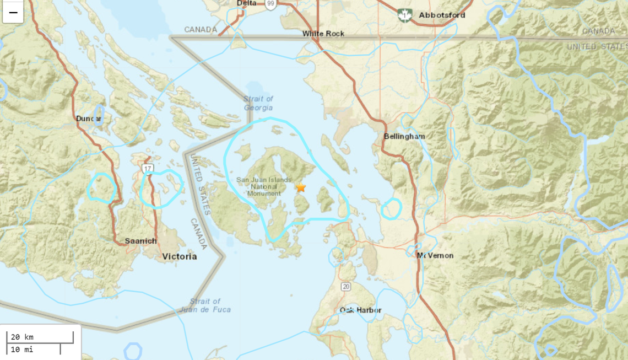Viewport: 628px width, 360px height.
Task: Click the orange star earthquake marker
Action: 300,188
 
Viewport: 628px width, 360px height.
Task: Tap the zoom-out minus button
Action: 13,12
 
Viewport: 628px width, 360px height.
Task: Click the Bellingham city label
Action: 404,136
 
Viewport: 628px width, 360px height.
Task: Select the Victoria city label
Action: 180,256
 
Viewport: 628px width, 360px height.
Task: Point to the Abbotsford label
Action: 442,15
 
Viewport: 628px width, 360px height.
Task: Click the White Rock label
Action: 323,34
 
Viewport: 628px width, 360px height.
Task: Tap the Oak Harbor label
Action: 360,310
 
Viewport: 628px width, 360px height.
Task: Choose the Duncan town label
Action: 89,119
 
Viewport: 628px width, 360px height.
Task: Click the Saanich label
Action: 140,241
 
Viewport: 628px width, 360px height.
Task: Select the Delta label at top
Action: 246,3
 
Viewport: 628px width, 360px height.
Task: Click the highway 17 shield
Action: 147,168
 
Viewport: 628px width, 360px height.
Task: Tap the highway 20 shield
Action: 345,286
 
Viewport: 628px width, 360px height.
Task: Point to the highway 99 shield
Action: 270,4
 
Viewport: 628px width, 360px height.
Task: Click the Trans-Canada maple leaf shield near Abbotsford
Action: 405,15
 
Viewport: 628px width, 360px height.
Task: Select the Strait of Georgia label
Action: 258,103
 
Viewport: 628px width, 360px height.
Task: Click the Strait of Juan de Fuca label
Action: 205,305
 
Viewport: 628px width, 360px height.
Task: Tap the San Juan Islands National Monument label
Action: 263,186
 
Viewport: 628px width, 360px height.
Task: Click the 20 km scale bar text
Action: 23,337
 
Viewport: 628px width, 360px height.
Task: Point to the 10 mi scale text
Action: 23,349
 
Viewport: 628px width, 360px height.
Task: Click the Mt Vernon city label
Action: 435,256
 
